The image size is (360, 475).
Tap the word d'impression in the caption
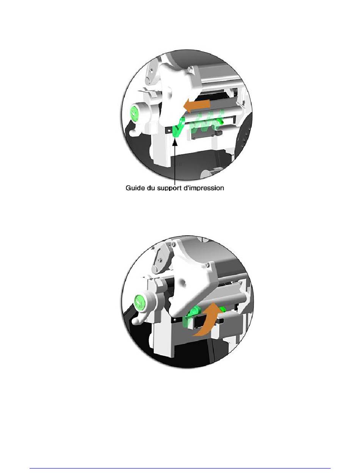coord(204,188)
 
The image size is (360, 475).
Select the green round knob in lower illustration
coord(139,302)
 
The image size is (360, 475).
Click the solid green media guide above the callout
coord(178,128)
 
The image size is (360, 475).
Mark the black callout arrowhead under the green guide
coord(175,142)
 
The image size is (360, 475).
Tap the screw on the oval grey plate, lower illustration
coord(160,259)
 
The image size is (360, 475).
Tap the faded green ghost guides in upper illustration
coord(207,123)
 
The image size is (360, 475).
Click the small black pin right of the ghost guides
coord(218,133)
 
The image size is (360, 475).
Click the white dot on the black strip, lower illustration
coord(175,319)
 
